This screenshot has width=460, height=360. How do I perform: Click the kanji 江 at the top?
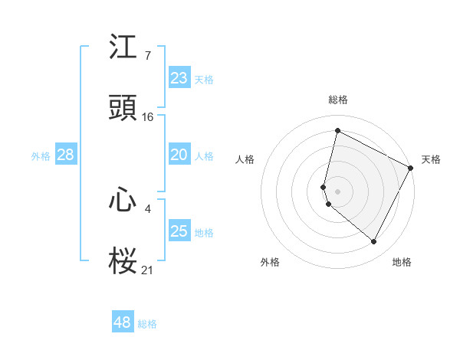coord(123,47)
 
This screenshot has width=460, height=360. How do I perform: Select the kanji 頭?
coord(123,108)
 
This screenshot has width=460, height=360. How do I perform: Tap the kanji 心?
coord(123,201)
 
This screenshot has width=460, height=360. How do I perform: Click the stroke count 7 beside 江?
coord(147,56)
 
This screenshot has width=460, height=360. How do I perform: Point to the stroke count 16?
coord(148,116)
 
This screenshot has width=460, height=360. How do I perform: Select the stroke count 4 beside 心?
coord(147,208)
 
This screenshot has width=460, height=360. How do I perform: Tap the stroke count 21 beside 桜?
coord(148,270)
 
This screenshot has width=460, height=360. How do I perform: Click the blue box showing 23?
coord(179,78)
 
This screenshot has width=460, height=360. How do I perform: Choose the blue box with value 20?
coord(179,155)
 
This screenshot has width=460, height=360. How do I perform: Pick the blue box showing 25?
coord(179,231)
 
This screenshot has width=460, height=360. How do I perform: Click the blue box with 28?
coord(65,155)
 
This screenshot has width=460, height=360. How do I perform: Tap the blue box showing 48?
coord(123,322)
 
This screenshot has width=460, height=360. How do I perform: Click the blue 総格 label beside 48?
coord(147,324)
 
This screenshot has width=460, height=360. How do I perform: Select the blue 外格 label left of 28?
coord(41,155)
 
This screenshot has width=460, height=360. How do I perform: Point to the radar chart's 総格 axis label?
coord(337,100)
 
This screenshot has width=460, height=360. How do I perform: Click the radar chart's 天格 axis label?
coord(431,159)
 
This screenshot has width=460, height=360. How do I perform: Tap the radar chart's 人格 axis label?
coord(245,159)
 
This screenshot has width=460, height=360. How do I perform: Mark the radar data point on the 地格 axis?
coord(373,242)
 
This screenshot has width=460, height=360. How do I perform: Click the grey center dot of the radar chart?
coord(337,191)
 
